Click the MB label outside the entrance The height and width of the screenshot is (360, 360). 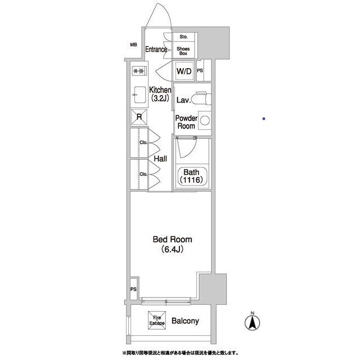[x=133, y=45]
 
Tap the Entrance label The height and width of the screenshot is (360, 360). [x=156, y=49]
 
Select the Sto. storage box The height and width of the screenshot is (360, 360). [x=184, y=37]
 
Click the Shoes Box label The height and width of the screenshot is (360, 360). [x=183, y=51]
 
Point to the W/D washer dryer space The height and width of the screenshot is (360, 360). [x=184, y=71]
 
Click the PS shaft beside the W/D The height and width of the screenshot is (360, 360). [x=204, y=70]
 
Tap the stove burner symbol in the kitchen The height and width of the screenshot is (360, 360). [x=139, y=71]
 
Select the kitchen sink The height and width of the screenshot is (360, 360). [x=139, y=95]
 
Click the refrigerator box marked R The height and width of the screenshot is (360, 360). [x=139, y=117]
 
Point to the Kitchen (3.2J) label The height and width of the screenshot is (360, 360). [x=160, y=94]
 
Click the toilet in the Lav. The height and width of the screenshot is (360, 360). [x=201, y=98]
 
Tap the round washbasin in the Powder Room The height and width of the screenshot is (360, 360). [x=205, y=120]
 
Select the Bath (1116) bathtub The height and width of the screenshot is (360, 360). [x=192, y=176]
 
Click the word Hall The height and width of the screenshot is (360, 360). [x=160, y=159]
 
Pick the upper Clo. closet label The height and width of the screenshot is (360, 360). [x=143, y=142]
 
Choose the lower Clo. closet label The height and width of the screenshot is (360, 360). [x=143, y=174]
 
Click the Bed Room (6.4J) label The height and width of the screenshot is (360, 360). [x=172, y=244]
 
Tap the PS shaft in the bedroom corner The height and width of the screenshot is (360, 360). [x=134, y=289]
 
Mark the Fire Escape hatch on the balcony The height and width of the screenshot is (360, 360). [x=157, y=320]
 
